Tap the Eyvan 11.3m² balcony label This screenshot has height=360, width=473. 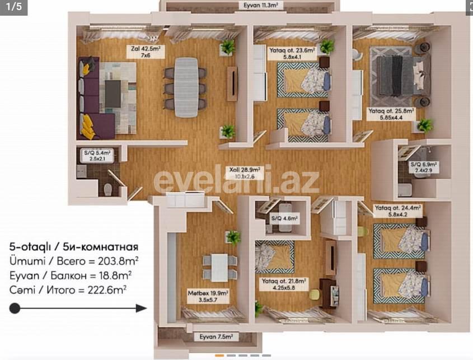(x=260, y=6)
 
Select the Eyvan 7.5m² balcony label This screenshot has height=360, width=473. (x=216, y=337)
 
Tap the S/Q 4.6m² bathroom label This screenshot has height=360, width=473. (x=284, y=218)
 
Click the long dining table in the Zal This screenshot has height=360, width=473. (x=186, y=87)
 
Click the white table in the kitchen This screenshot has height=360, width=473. (x=219, y=267)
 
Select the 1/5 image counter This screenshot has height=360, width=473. (x=14, y=7)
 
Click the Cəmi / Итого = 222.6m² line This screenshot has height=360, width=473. (x=67, y=289)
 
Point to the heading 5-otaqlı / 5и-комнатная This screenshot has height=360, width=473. (x=73, y=247)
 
